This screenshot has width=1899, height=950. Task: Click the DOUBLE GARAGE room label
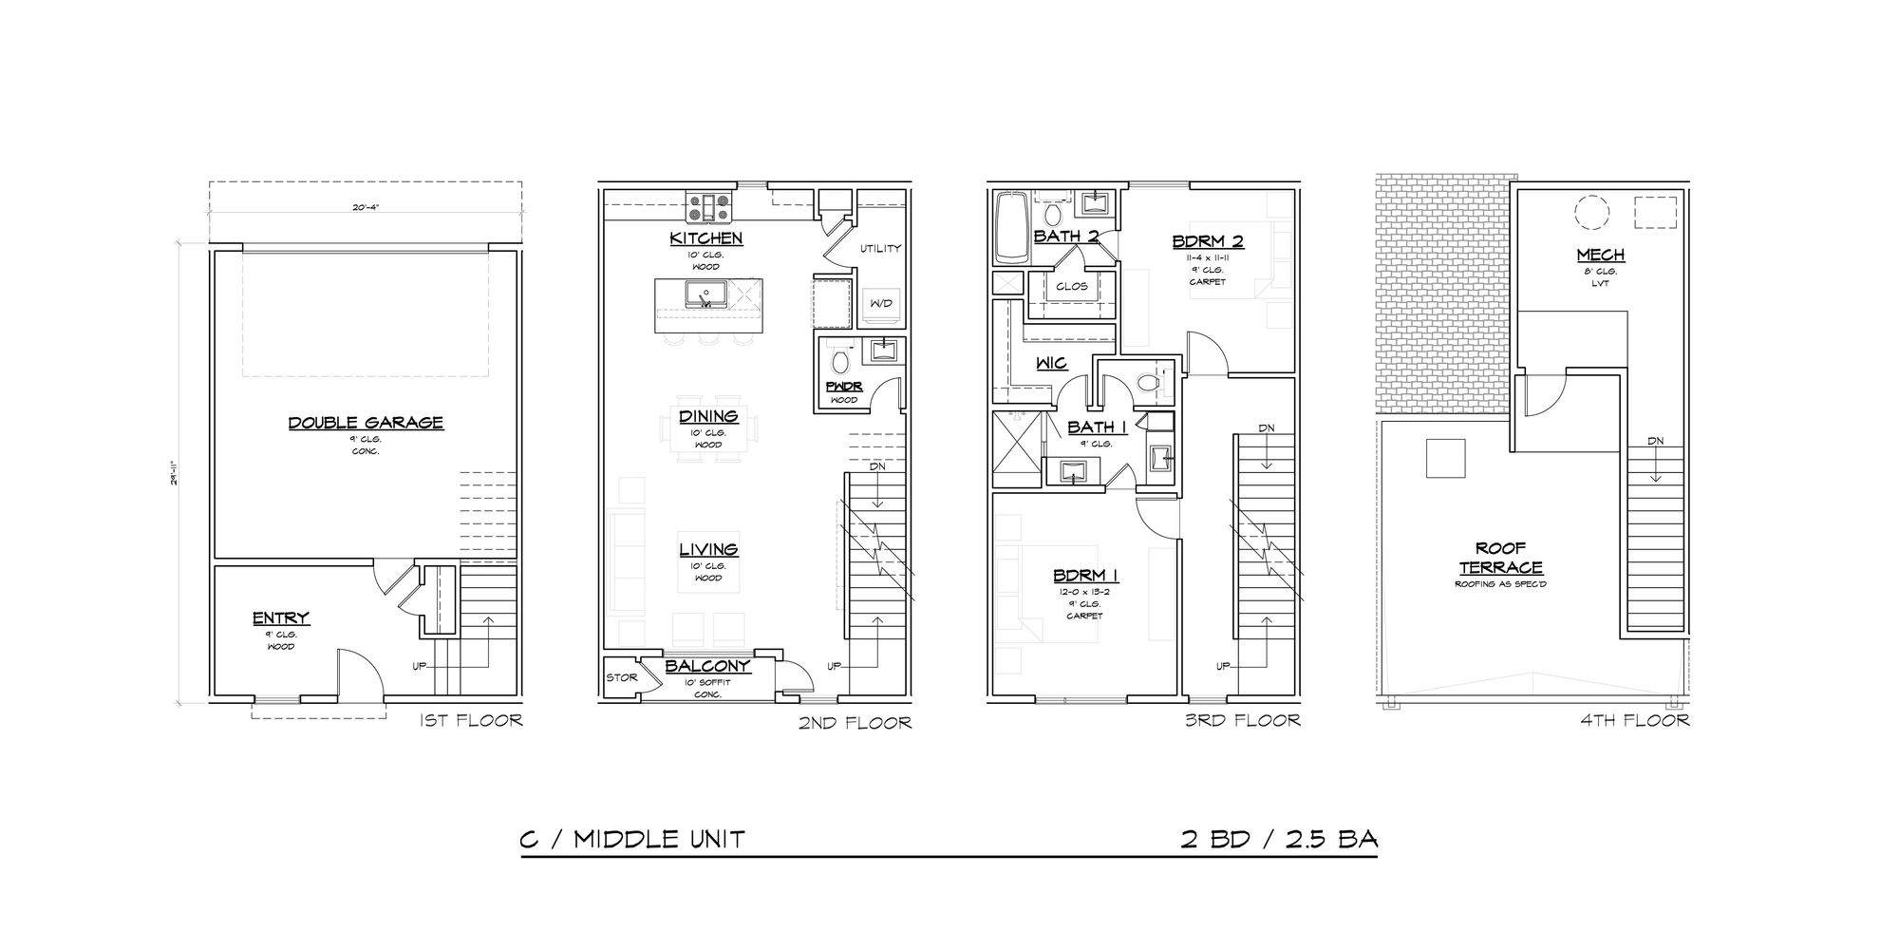click(366, 423)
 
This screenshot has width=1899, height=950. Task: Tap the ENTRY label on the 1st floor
click(281, 619)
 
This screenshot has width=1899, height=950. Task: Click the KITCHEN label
click(705, 238)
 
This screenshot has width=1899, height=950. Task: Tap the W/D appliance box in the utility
click(879, 304)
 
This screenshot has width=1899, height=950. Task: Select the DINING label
click(708, 416)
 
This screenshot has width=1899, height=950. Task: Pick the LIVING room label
click(708, 550)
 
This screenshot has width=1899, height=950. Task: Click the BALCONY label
click(708, 667)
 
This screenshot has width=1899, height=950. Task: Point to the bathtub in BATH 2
click(1011, 229)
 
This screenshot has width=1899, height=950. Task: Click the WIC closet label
click(1052, 363)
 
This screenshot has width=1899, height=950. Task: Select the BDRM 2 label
click(1208, 241)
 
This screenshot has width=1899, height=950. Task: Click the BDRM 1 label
click(1085, 576)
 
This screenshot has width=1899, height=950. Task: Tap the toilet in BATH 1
click(1150, 381)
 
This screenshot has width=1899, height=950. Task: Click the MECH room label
click(1601, 255)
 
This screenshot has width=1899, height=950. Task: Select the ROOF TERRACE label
click(1500, 558)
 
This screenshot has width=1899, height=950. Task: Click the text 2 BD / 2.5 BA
click(1279, 840)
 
